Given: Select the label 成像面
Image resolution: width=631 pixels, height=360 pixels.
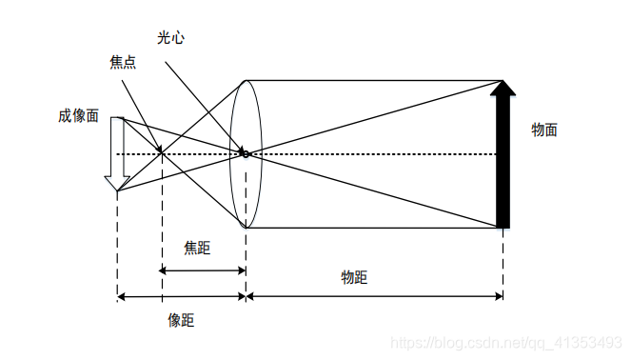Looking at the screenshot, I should coord(78,115).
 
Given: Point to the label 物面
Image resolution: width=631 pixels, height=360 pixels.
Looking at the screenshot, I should coord(543,130).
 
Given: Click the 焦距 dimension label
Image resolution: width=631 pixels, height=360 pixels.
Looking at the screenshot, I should coord(197,248).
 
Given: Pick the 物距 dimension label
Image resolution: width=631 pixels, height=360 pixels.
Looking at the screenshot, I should coord(354,277).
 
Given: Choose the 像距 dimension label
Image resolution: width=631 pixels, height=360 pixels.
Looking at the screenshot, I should coord(181,320).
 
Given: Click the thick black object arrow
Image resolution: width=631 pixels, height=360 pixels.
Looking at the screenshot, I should coord(503,162).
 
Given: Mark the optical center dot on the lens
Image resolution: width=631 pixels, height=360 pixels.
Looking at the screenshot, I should coord(245,153).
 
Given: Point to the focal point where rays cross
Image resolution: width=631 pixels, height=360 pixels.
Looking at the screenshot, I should coord(160,152).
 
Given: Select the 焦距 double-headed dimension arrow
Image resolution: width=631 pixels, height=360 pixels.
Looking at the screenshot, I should coord(203,270).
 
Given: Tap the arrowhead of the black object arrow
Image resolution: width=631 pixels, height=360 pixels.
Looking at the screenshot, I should coord(503,89).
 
